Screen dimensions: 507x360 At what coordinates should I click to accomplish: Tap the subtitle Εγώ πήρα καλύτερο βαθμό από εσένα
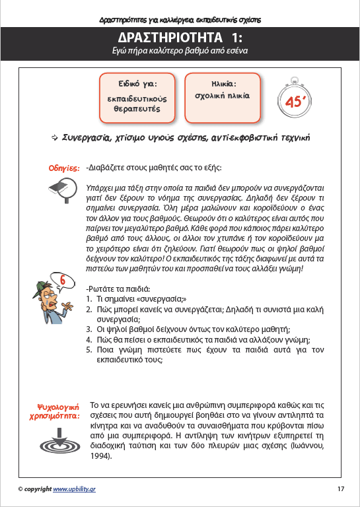pyautogui.click(x=180, y=51)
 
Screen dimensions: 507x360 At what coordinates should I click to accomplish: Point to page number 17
pyautogui.click(x=340, y=489)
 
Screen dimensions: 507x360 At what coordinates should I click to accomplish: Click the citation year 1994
pyautogui.click(x=101, y=456)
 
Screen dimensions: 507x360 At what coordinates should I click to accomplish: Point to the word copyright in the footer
pyautogui.click(x=38, y=489)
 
